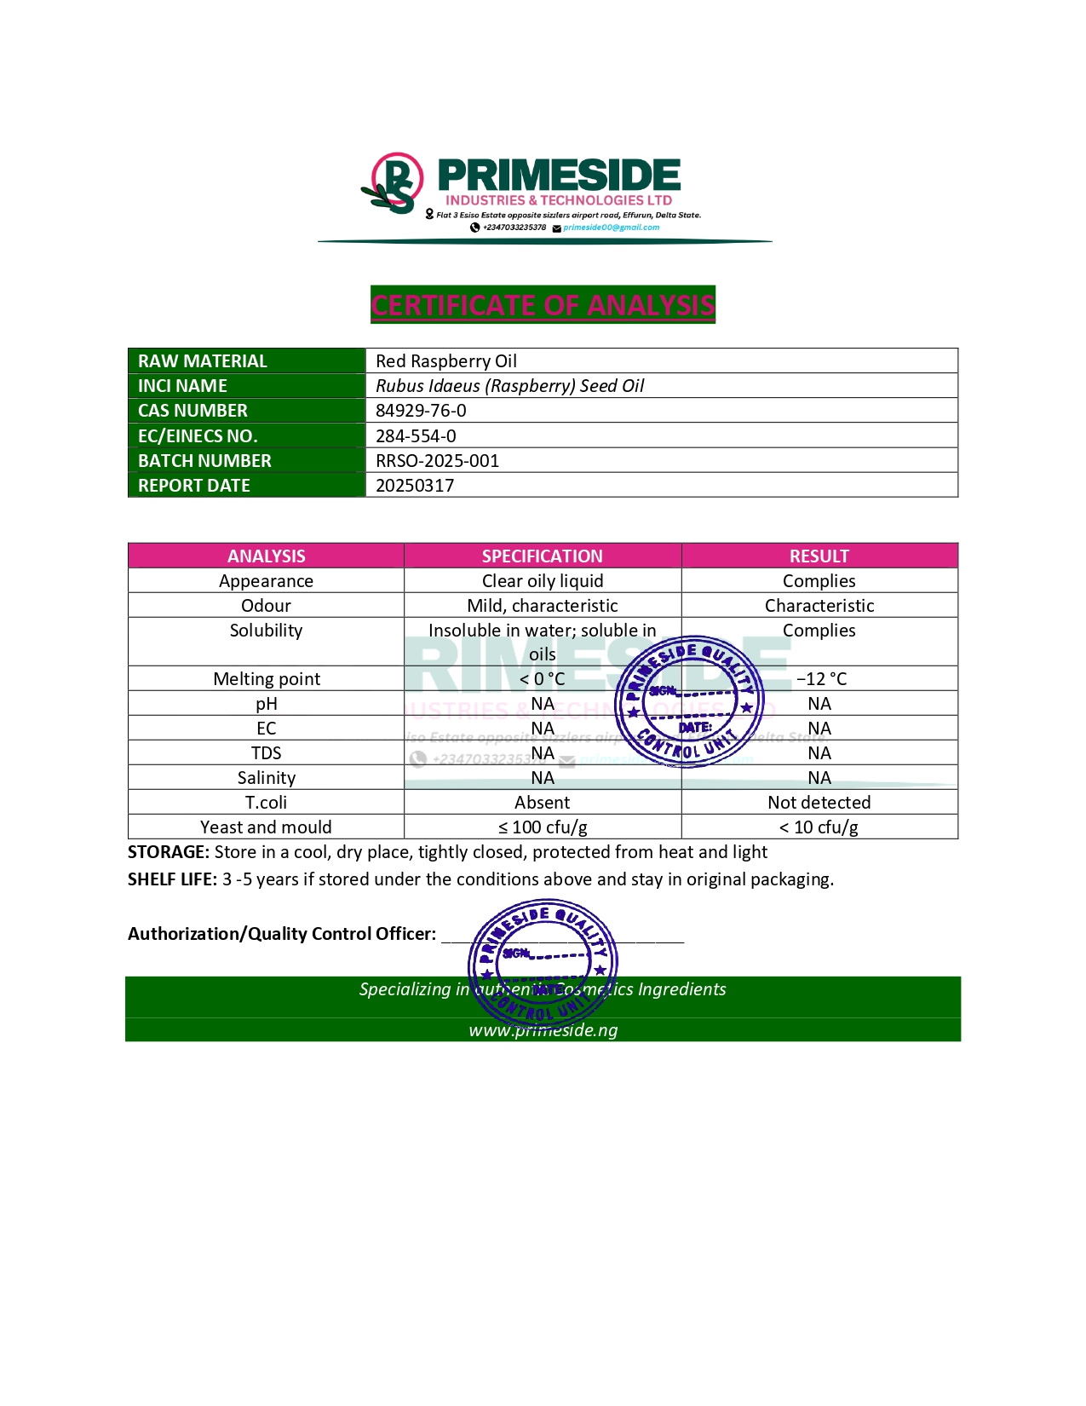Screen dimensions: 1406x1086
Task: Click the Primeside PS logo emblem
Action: click(394, 183)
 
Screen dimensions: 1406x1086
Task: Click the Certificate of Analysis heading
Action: click(543, 305)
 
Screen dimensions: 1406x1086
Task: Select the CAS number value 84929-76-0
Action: click(421, 411)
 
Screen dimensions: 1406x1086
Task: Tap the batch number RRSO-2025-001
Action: click(437, 461)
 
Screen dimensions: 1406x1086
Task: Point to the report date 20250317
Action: click(415, 486)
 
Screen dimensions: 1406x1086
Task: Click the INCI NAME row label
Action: click(182, 386)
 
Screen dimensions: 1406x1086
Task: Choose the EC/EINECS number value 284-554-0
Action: click(416, 436)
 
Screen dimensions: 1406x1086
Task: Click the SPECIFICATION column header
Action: click(542, 556)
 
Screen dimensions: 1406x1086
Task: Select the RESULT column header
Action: click(819, 556)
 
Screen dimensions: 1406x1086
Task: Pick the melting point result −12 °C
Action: click(821, 679)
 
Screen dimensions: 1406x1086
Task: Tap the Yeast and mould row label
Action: click(266, 827)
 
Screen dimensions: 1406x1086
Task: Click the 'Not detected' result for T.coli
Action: click(819, 803)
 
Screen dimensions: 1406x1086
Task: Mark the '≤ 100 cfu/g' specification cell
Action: click(542, 827)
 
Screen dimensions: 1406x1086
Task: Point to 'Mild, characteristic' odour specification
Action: click(542, 606)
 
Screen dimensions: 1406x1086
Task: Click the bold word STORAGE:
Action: click(168, 852)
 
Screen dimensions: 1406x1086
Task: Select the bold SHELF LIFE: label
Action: click(172, 879)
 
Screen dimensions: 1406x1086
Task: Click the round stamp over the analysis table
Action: click(689, 701)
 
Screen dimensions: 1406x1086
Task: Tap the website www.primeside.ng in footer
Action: click(543, 1030)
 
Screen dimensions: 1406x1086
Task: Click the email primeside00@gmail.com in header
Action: click(611, 228)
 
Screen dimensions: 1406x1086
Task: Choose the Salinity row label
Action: click(266, 778)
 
